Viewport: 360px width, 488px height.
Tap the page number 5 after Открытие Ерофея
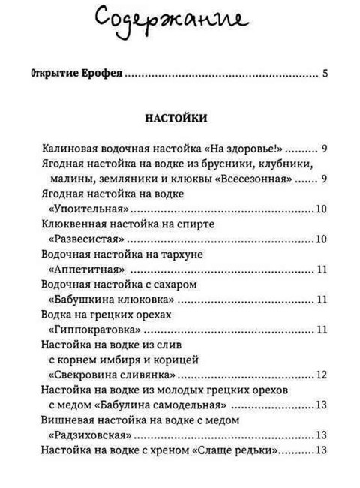(325, 74)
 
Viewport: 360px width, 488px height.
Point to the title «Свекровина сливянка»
(109, 375)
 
